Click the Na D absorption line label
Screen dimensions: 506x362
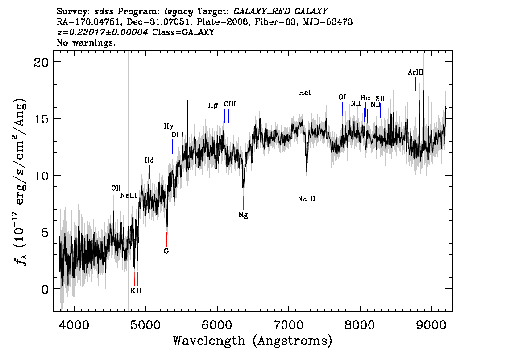(306, 198)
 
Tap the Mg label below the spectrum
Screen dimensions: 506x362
(243, 215)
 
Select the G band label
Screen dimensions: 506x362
(166, 251)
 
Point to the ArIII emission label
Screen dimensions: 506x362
(415, 72)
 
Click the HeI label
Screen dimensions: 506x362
(305, 93)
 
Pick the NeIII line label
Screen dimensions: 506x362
(129, 195)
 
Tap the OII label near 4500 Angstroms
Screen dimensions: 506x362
(116, 188)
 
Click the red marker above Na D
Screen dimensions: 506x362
(307, 186)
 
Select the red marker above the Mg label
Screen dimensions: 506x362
(243, 203)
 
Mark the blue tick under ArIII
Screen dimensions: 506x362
(416, 84)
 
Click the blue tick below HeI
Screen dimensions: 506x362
(305, 104)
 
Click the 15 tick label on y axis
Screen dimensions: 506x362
(41, 118)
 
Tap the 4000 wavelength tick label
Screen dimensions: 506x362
(75, 325)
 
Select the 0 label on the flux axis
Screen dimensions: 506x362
(45, 289)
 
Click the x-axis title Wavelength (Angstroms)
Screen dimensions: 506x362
(253, 341)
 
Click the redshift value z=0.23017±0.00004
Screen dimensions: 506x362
(103, 32)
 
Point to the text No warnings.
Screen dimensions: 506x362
(86, 42)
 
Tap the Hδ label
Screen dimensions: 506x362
(149, 160)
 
